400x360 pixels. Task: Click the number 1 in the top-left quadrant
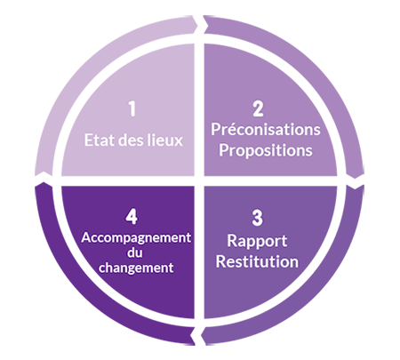(132, 108)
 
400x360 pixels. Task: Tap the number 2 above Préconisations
(258, 108)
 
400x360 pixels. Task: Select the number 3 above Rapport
(257, 218)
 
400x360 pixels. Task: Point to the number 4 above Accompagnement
(132, 216)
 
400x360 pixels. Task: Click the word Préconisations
(266, 130)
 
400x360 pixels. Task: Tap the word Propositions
(266, 150)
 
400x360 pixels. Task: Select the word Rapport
(257, 241)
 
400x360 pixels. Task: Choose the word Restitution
(257, 261)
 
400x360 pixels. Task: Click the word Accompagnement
(136, 238)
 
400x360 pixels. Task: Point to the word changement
(136, 268)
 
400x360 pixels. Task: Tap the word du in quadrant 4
(135, 252)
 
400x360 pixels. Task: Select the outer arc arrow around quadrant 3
(314, 293)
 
